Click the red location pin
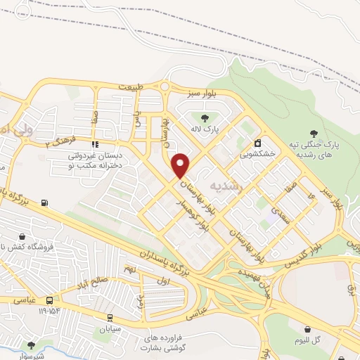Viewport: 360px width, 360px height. (x=181, y=165)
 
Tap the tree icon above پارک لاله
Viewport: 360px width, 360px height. (x=205, y=118)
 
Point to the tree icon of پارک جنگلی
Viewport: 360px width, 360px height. (x=314, y=131)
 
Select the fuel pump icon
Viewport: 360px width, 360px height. (x=46, y=203)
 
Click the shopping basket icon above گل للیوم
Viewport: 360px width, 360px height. (x=308, y=328)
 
